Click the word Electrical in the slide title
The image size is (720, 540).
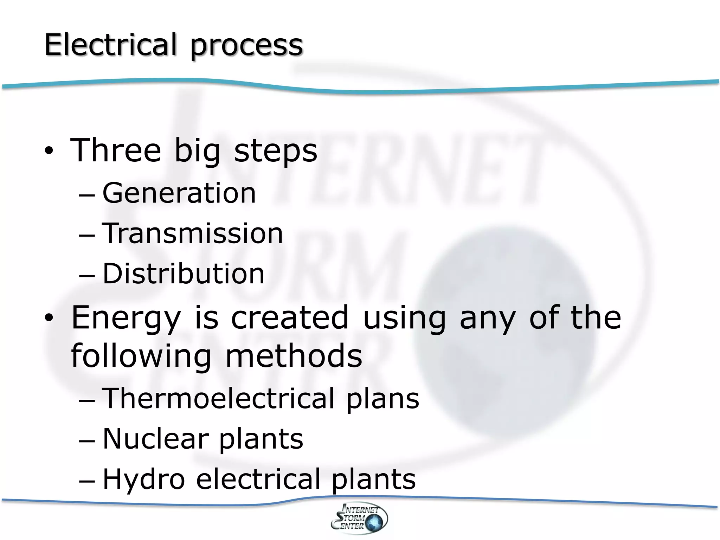pos(110,45)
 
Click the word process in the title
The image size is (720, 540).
pos(246,47)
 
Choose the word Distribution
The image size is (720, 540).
pos(183,274)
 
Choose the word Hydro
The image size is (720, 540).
pos(143,480)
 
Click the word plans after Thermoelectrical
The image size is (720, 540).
pos(383,400)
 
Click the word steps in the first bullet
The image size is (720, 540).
pos(276,152)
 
